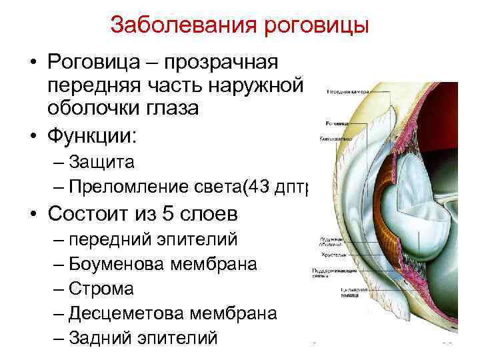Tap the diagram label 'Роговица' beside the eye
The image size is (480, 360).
point(335,124)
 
